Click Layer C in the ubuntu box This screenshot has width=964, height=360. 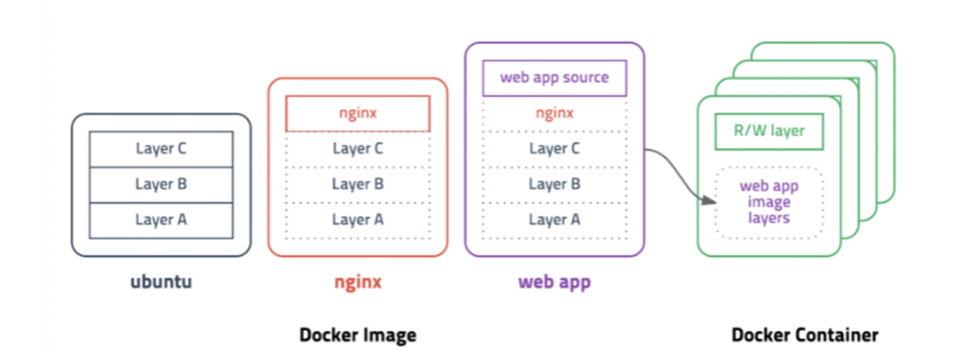161,149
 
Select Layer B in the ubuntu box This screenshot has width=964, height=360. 161,185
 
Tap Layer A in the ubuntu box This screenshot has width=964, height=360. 161,220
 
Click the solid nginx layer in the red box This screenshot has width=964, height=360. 358,113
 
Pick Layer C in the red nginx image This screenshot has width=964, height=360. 358,149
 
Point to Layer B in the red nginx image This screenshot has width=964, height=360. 358,185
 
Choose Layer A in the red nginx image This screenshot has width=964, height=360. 358,220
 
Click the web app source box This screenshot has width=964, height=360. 554,78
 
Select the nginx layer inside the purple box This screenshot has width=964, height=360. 554,114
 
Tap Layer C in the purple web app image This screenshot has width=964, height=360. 554,149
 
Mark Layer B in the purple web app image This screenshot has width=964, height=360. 554,185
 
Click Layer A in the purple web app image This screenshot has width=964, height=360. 554,220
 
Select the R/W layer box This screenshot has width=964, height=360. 769,131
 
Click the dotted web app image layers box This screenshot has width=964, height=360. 769,202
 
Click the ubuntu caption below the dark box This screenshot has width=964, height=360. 161,282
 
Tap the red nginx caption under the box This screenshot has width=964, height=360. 358,282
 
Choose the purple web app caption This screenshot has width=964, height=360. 554,282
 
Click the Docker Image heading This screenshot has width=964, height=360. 358,335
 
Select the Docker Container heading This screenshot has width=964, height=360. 805,335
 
